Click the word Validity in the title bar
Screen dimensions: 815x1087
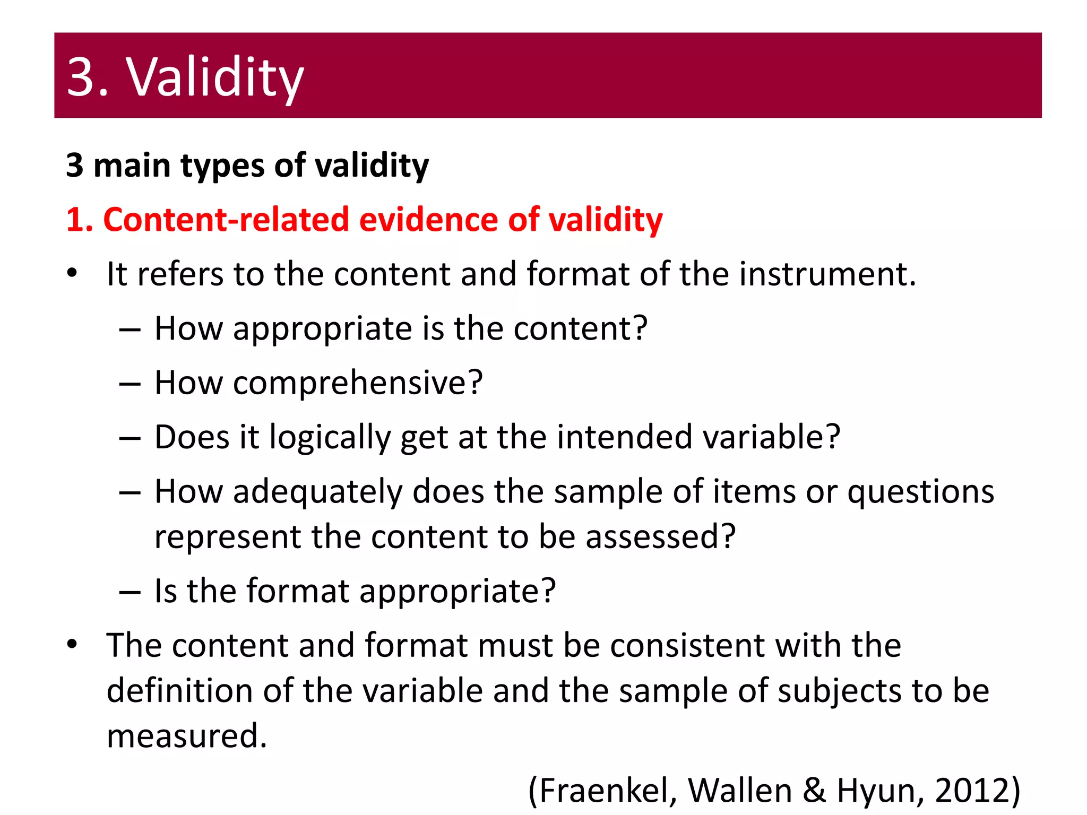pos(214,77)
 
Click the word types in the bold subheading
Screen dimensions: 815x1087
pos(222,167)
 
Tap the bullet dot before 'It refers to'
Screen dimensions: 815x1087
pos(73,274)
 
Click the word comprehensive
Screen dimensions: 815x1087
pos(357,383)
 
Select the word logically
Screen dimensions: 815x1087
pos(330,438)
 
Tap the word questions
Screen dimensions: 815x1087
pos(920,492)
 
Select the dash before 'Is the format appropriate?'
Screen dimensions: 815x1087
pos(130,592)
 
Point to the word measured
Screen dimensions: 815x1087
pos(186,736)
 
